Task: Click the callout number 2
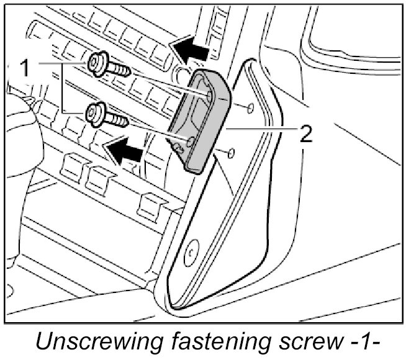pyautogui.click(x=305, y=132)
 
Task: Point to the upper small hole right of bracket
pyautogui.click(x=250, y=109)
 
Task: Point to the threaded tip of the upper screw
pyautogui.click(x=124, y=70)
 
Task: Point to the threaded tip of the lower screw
pyautogui.click(x=121, y=120)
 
